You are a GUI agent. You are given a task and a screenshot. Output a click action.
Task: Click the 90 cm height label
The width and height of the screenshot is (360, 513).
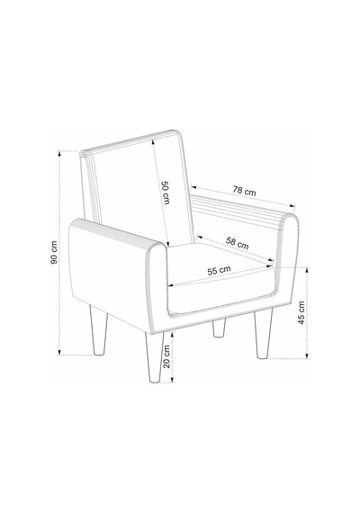(54, 252)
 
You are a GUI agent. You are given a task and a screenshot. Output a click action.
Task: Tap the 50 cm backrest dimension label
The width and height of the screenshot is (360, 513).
(166, 193)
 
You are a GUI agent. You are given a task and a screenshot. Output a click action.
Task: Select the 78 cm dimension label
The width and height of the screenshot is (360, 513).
(245, 191)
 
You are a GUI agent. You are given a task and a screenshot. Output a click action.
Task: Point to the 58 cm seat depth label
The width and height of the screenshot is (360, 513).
(237, 242)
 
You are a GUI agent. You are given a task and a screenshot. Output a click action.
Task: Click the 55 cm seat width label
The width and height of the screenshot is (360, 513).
(219, 271)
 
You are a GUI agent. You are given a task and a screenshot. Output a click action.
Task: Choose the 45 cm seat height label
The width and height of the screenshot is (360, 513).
(301, 313)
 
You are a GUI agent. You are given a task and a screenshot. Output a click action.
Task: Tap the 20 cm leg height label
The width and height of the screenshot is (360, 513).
(166, 356)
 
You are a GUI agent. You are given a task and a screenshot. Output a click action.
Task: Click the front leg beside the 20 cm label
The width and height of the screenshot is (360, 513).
(154, 356)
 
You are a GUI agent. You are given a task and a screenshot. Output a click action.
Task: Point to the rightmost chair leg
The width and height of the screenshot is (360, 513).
(264, 335)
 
